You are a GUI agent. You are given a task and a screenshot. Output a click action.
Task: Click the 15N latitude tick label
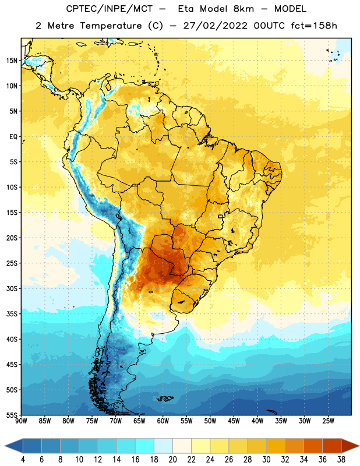pos(12,61)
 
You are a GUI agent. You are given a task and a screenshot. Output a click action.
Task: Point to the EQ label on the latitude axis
pos(13,137)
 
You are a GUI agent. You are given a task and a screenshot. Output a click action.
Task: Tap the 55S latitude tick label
pos(12,415)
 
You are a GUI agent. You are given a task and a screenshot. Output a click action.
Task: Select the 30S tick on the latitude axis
pos(12,288)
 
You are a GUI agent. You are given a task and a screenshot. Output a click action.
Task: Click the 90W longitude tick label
pos(21,421)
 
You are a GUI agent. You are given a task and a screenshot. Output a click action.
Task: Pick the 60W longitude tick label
pos(163,421)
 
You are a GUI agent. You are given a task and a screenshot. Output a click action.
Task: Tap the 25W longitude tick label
pos(328,421)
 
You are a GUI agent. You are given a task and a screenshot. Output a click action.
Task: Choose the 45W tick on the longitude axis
pos(234,421)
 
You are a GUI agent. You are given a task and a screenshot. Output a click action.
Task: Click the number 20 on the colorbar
pos(172,460)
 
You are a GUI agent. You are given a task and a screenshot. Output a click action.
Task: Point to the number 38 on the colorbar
pos(341,460)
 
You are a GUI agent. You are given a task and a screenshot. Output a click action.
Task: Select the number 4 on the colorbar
pos(23,460)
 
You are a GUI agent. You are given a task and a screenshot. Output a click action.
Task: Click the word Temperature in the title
pos(111,26)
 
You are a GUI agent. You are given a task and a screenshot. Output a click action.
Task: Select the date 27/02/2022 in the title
pos(215,26)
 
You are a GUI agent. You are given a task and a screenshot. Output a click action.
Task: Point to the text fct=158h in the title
pos(314,26)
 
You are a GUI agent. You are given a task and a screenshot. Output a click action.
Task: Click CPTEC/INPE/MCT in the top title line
pos(109,9)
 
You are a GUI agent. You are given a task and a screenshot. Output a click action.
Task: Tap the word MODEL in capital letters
pos(290,9)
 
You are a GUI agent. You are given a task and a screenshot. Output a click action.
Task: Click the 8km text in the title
pos(243,9)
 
